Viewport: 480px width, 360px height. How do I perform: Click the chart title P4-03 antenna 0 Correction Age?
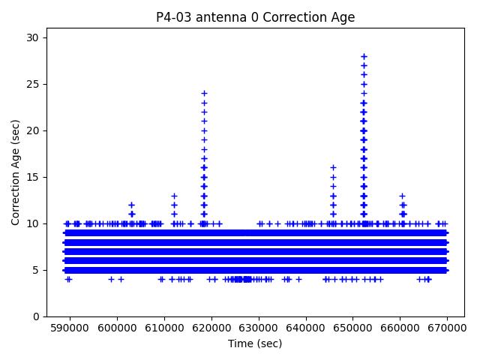[255, 17]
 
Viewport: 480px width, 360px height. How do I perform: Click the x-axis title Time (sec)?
[255, 343]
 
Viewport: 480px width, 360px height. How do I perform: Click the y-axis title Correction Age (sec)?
[16, 172]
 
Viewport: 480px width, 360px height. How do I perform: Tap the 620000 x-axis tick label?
[211, 328]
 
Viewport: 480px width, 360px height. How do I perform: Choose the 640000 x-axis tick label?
[306, 328]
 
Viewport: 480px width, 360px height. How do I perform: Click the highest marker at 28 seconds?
[364, 56]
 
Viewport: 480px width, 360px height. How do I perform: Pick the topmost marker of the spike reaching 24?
[204, 94]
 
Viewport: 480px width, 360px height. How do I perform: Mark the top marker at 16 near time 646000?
[333, 168]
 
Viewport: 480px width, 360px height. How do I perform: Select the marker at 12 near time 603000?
[131, 205]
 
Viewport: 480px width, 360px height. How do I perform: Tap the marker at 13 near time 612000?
[174, 196]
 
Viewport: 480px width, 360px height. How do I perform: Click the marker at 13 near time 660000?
[402, 196]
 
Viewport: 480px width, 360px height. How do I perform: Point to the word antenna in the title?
[217, 17]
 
